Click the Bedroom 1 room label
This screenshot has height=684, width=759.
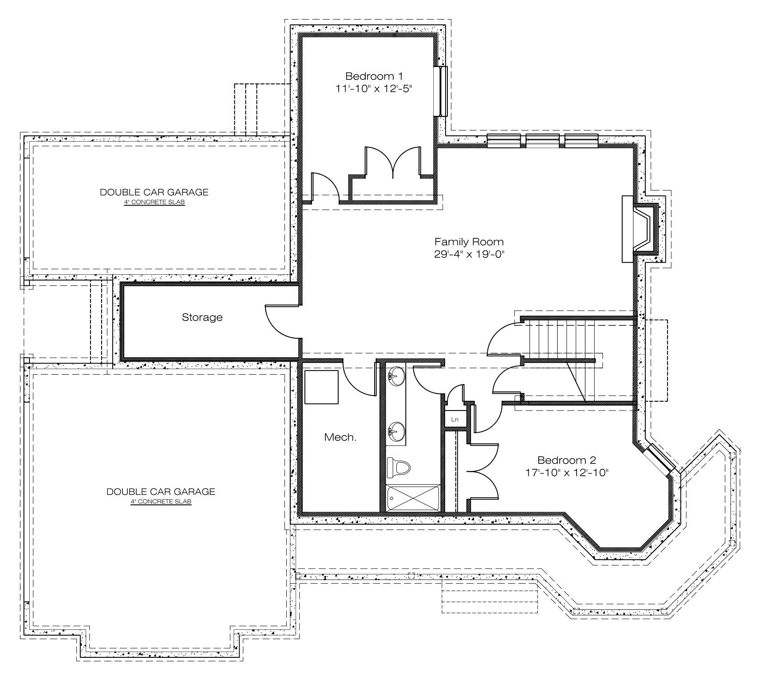(x=374, y=76)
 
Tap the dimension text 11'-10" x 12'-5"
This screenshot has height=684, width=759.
(x=374, y=88)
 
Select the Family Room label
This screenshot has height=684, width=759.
(x=469, y=242)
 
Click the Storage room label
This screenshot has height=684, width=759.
(x=202, y=317)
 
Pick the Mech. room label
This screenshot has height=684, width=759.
(x=340, y=437)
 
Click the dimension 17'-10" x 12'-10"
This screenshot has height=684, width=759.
(x=566, y=472)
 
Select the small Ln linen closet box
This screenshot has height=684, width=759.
(x=455, y=419)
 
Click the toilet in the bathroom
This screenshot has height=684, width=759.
(x=398, y=467)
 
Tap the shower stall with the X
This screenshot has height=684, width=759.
(x=413, y=498)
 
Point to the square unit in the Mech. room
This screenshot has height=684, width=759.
(x=321, y=387)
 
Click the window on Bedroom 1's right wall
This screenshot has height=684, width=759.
(x=443, y=91)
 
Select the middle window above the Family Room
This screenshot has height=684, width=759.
(x=542, y=140)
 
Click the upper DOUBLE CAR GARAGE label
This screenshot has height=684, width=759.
(x=154, y=192)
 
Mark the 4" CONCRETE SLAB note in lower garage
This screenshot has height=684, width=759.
(x=161, y=502)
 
